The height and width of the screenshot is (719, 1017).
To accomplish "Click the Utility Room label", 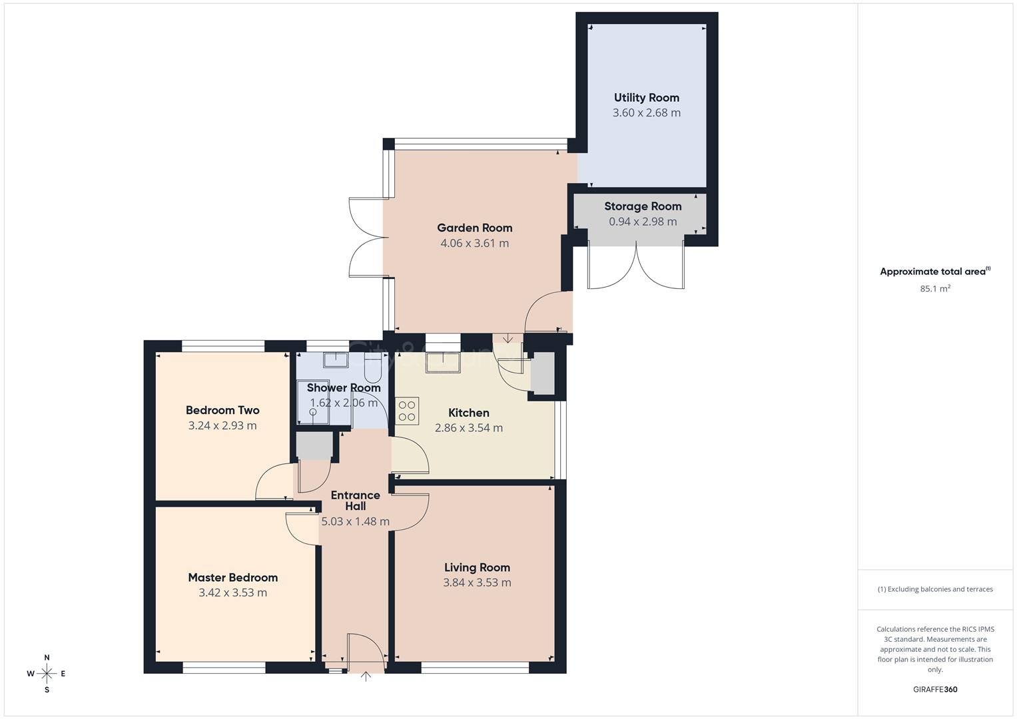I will pos(646,98).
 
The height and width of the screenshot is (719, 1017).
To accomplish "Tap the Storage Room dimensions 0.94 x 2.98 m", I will pos(642,222).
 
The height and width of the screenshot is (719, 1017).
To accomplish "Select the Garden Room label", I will pos(474,228).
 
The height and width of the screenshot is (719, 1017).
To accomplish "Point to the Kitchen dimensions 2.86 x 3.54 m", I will pos(468,428).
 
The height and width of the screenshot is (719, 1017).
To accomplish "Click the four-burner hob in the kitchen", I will pos(407,410).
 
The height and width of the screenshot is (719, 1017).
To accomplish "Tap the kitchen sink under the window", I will pos(443,362).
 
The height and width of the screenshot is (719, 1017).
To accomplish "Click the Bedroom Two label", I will pos(222,410).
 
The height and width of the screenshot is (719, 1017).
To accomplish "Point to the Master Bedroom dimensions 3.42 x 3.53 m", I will pos(232,593).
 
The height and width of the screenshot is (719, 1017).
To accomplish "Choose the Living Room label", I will pos(477,567).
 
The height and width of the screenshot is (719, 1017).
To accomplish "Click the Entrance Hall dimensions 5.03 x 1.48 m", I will pos(355,522).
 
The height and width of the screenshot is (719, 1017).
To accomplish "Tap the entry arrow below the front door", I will pos(366,676).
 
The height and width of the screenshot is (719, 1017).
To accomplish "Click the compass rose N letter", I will pos(47,658).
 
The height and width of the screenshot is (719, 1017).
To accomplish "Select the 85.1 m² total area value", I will pos(934,289).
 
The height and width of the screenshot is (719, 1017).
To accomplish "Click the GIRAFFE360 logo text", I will pos(934,689).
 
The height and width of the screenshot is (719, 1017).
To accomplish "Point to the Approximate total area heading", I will pos(934,272).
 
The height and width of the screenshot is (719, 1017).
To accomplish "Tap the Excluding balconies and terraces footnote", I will pos(934,589).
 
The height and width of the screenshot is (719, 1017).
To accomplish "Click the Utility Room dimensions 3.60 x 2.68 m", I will pos(646,113).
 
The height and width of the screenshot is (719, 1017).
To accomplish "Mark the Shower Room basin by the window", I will pos(336,360).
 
